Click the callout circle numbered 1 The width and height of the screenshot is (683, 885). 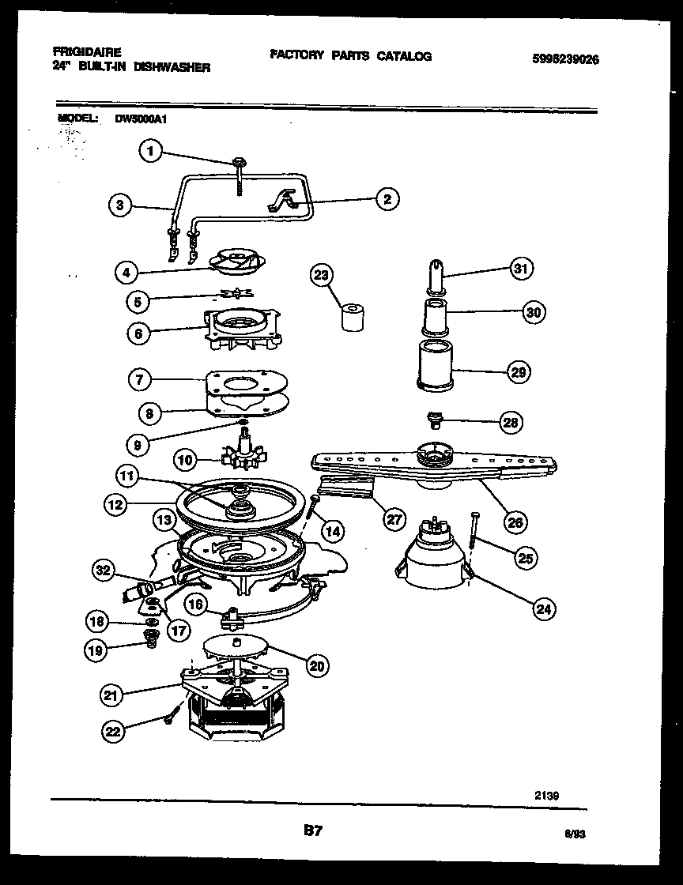(x=151, y=151)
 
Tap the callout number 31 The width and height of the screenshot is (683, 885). (x=519, y=269)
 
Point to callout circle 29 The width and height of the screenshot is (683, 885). (x=519, y=371)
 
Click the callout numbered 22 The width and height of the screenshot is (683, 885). (x=114, y=732)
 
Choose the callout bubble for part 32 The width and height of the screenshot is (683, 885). (x=104, y=569)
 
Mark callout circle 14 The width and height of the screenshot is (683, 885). (x=333, y=531)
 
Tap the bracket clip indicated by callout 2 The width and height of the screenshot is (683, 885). (x=288, y=199)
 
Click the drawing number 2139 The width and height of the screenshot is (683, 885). (x=546, y=796)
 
